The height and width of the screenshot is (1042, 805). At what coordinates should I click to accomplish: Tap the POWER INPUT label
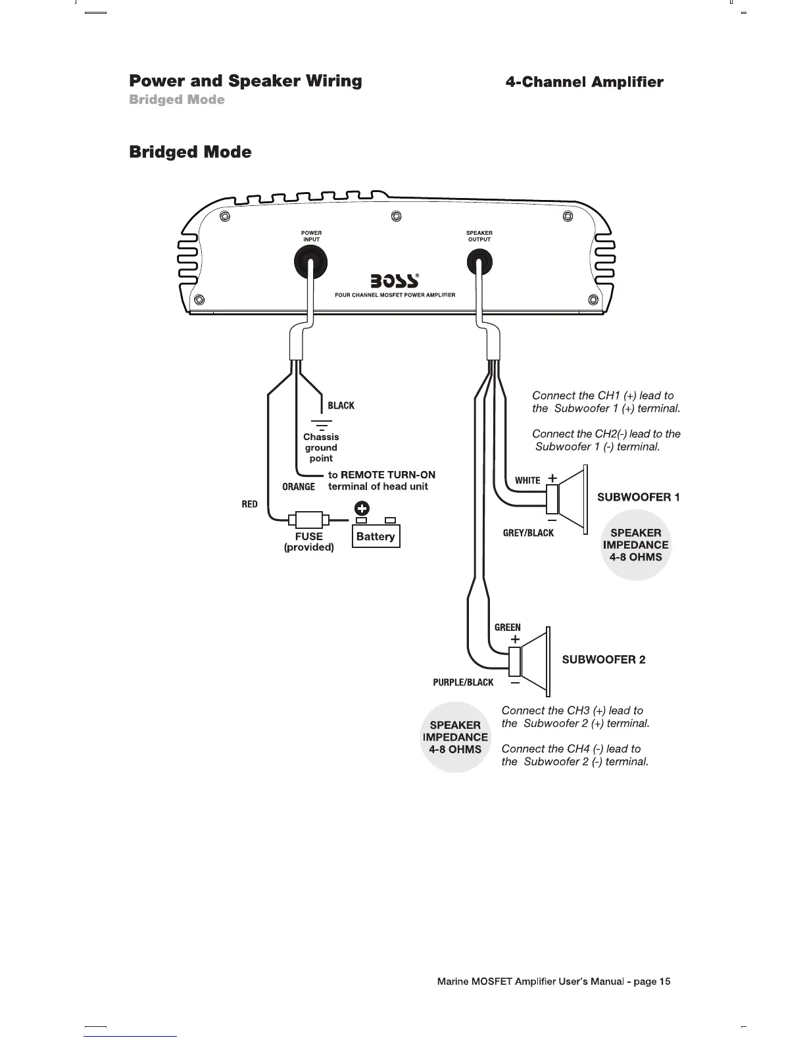[311, 236]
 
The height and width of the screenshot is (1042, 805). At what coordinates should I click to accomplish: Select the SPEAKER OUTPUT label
[479, 236]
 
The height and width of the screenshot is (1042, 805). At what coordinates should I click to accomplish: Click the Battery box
[376, 536]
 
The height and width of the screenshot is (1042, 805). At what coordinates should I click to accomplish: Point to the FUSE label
[308, 536]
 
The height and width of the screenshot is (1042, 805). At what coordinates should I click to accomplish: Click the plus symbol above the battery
[361, 508]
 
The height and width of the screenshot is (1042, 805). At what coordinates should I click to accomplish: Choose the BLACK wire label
[341, 406]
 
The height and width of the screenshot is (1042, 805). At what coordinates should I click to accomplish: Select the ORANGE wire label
[299, 487]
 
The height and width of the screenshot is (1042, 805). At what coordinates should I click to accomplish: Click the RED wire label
[249, 504]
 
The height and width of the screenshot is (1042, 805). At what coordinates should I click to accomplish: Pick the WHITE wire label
[527, 480]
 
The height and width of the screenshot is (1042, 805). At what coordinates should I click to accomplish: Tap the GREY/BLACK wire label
[528, 533]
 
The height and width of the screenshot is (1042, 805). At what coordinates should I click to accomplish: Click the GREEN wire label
[507, 628]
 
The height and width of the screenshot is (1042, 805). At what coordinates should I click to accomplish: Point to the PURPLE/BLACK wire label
[463, 682]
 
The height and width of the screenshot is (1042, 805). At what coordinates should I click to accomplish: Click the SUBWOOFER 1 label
[638, 497]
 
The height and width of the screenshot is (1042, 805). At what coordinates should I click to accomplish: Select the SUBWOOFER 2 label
[603, 660]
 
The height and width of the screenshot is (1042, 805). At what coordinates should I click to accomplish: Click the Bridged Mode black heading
[190, 152]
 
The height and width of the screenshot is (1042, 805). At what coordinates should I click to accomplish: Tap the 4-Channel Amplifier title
[584, 82]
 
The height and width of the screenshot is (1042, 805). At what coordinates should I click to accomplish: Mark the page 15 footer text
[554, 982]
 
